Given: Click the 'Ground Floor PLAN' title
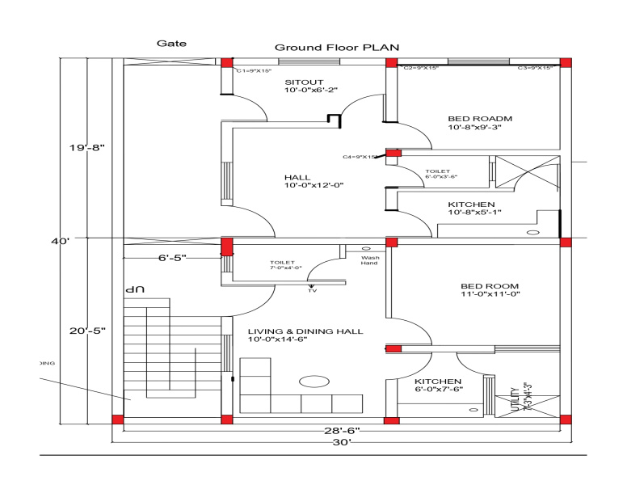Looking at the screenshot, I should click(x=337, y=48).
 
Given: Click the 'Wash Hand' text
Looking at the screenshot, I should click(x=369, y=260).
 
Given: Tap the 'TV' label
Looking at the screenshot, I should click(x=313, y=289).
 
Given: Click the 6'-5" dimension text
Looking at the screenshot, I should click(x=172, y=258).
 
